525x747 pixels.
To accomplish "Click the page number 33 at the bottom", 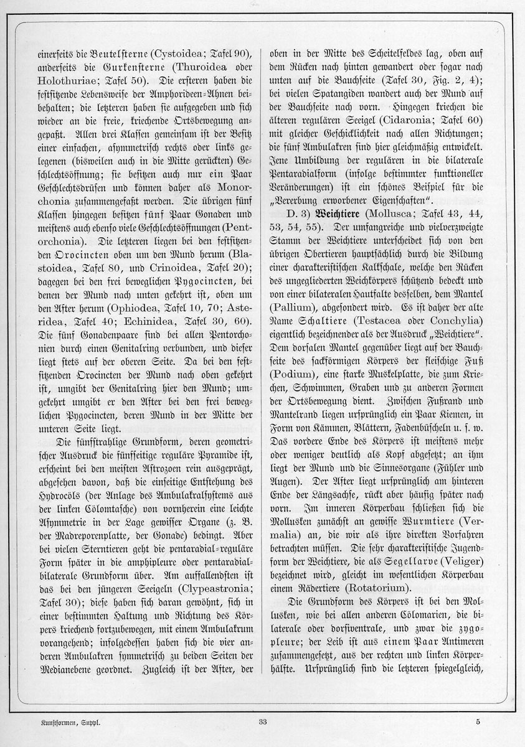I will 262,722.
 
